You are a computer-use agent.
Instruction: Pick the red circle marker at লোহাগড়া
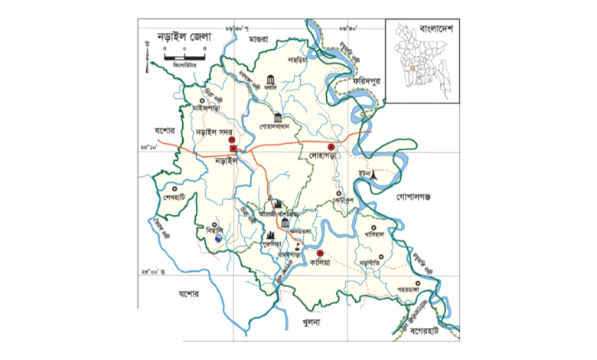coord(331,146)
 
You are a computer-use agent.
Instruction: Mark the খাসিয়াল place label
coord(374,234)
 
